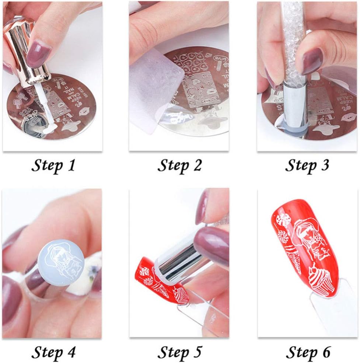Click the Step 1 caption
pos(53,165)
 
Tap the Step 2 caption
pos(180,165)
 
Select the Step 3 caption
pos(307,165)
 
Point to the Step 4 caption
pos(53,352)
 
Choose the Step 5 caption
pos(180,352)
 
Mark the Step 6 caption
pos(307,352)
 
